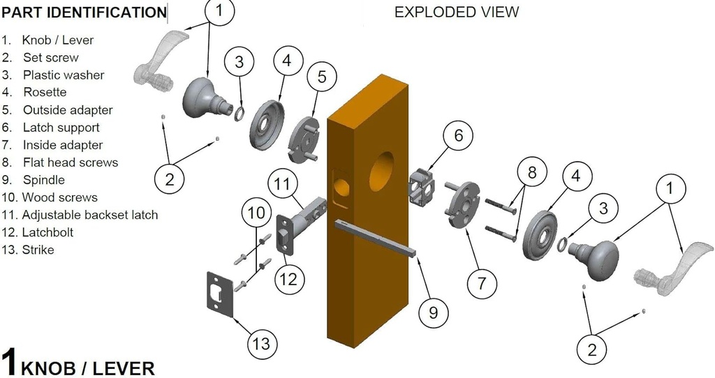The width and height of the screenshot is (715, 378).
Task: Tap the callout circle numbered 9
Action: tap(433, 312)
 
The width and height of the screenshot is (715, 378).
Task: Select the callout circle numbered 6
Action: tap(458, 135)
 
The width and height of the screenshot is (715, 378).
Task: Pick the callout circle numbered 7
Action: tap(481, 283)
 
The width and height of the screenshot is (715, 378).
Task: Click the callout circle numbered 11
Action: tap(282, 184)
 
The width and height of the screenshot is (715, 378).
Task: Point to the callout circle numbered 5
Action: tap(321, 77)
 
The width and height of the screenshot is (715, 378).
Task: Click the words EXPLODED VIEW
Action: tap(457, 12)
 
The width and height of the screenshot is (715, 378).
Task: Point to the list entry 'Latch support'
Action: tap(61, 128)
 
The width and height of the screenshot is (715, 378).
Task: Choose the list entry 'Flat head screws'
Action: tap(70, 162)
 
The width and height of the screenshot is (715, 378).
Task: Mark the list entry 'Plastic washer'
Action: tap(64, 75)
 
